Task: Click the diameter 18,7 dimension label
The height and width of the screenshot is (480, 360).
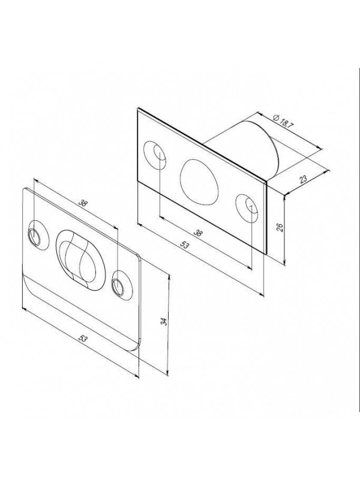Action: [281, 122]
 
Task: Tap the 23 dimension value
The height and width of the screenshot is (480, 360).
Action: [303, 179]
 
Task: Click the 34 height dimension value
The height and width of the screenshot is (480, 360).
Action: [164, 322]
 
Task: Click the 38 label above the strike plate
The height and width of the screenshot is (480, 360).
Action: [82, 203]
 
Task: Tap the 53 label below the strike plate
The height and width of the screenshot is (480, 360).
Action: [83, 338]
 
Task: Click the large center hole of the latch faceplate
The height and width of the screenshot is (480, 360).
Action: [200, 181]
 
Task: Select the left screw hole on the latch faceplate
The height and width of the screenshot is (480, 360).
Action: [155, 155]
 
